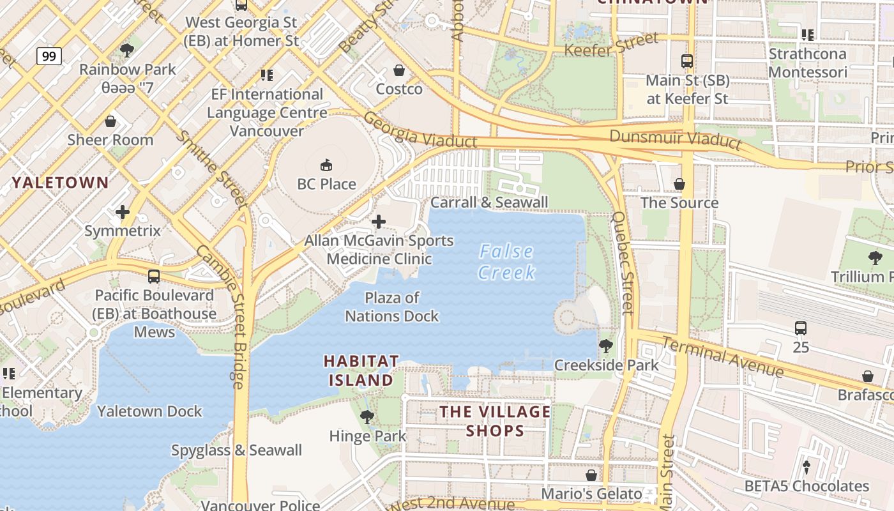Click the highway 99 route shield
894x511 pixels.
click(x=49, y=56)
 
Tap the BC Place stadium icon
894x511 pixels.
click(x=326, y=165)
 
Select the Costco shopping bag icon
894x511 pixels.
click(x=399, y=70)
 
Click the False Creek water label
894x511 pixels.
click(x=507, y=262)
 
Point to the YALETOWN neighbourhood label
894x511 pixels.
click(x=61, y=183)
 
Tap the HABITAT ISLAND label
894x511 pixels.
click(x=361, y=370)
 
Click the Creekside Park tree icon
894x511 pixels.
click(x=605, y=346)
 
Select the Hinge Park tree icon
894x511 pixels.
click(x=367, y=417)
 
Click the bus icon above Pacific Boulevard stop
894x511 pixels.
click(x=153, y=277)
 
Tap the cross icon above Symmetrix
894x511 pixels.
click(x=123, y=211)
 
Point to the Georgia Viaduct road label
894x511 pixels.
click(x=420, y=130)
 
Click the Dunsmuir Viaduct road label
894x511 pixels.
click(x=676, y=139)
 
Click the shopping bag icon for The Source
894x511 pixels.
click(x=679, y=184)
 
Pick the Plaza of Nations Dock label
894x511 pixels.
click(x=392, y=307)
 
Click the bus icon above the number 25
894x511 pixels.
click(x=801, y=328)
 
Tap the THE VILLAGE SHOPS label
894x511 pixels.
click(x=495, y=421)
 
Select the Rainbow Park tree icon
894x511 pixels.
click(x=127, y=50)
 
